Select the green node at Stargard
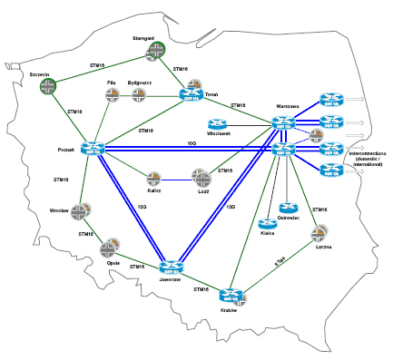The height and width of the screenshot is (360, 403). tap(156, 53)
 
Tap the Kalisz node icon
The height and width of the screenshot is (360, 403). tap(154, 178)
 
